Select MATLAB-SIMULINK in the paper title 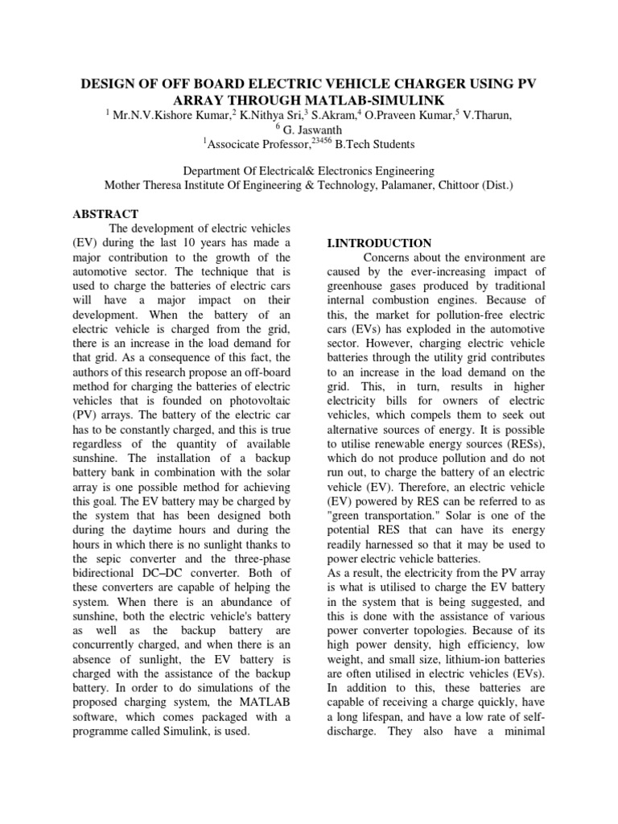click(x=340, y=99)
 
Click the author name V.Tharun click(x=484, y=115)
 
